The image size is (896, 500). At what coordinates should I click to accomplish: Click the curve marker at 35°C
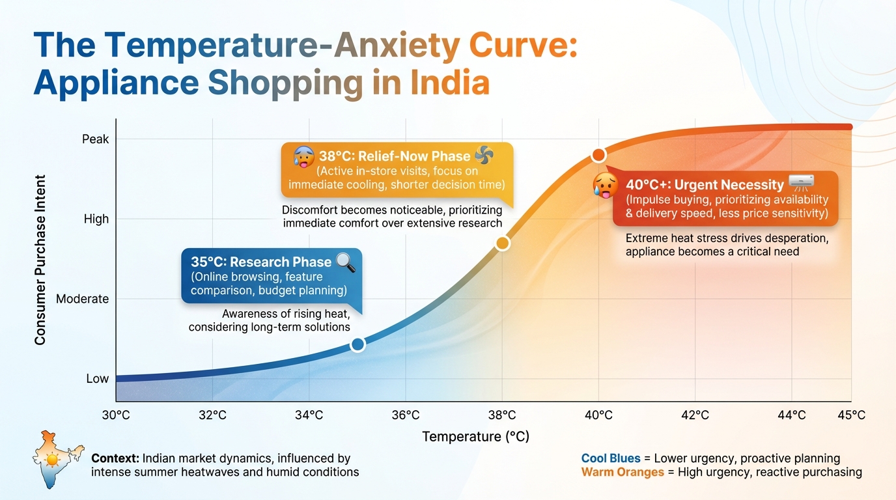click(x=357, y=344)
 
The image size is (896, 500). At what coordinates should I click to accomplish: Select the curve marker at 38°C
click(x=502, y=243)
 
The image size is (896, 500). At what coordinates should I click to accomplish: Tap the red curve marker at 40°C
click(x=598, y=155)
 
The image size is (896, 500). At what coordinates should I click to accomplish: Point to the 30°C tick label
click(x=116, y=415)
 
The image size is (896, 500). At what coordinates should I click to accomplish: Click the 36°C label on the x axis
click(x=406, y=415)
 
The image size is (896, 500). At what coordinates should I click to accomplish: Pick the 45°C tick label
click(x=851, y=415)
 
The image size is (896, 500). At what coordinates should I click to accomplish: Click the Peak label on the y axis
click(x=96, y=139)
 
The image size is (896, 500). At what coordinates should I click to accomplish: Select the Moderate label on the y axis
click(x=83, y=299)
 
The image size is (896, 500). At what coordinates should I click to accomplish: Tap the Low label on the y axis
click(x=97, y=378)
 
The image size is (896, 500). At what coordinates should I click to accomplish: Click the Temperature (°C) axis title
click(x=475, y=437)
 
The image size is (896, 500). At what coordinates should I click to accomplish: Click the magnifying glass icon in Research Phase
click(x=346, y=262)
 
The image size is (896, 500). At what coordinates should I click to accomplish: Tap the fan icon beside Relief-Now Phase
click(x=484, y=156)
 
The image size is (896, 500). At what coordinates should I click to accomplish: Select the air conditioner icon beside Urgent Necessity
click(x=801, y=183)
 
